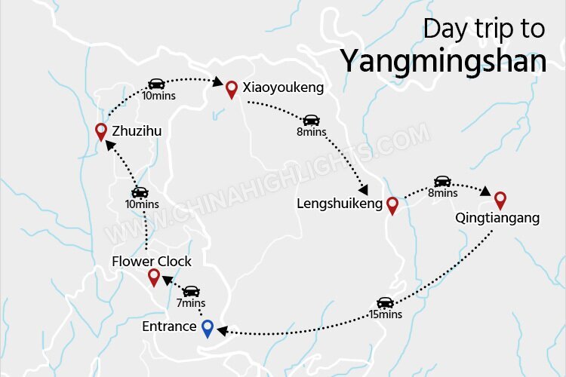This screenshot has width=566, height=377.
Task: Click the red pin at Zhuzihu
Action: coord(100,132)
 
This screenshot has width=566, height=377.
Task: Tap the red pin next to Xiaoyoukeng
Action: coord(232,89)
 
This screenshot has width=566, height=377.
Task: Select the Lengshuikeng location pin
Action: coord(392,205)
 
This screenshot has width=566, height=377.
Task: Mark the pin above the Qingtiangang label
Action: coord(500,200)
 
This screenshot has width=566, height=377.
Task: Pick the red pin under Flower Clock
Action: coord(154,277)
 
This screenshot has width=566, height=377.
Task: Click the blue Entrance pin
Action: coord(208,328)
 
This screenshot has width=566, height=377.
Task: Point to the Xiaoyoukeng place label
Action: coord(283,88)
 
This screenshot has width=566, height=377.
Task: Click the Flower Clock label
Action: coord(152,262)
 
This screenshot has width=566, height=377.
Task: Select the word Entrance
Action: coord(170,327)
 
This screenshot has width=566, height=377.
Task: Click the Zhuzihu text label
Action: coord(137,132)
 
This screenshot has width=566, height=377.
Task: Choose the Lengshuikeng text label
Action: coord(340,204)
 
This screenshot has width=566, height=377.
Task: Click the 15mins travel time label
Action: coord(385,314)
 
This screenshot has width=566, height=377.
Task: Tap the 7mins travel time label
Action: coord(191,303)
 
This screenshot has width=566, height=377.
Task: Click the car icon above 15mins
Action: coord(385,302)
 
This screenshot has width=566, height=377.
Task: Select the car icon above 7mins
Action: coord(192,291)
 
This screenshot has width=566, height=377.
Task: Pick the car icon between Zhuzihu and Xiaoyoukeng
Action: coord(156,84)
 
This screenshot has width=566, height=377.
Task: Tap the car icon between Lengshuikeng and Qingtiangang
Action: coord(442,181)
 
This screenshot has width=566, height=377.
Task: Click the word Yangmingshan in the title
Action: coord(442,60)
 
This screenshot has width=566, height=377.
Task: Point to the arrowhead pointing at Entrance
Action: coord(223,331)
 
